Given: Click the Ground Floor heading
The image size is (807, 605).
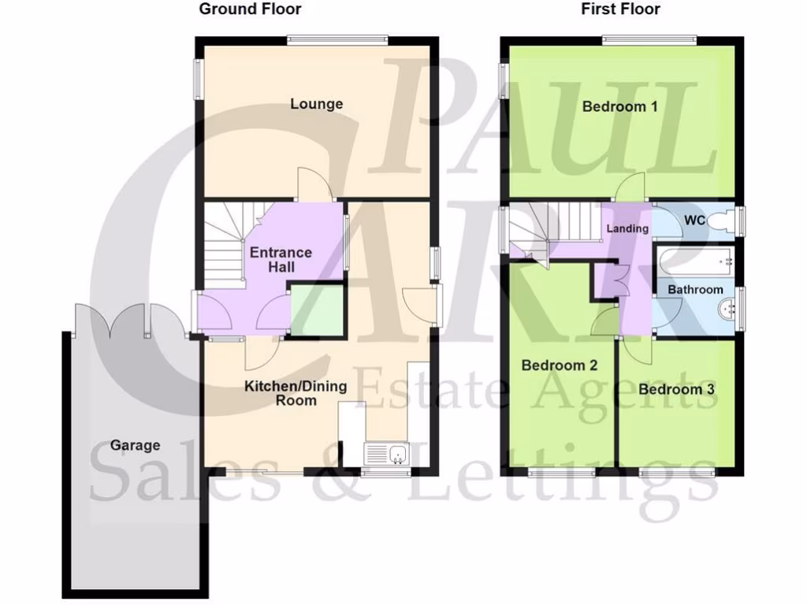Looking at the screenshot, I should pos(250,9).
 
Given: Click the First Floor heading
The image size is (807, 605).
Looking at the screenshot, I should pos(620,9).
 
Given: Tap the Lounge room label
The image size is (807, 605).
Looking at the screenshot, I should pos(316,103).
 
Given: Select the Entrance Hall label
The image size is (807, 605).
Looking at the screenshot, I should pos(281,260).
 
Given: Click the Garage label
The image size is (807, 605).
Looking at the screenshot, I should pos(135,445).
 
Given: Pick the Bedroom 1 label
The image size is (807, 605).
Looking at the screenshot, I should pos(619,106).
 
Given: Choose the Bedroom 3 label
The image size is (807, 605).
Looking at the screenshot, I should pos(675,389).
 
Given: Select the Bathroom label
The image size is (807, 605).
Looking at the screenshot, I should pos(695,289).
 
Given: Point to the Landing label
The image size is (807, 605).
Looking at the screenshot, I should pos(627,228).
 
